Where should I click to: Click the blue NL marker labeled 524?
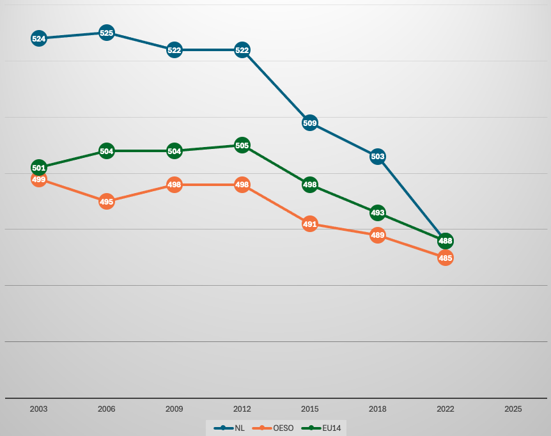coord(38,38)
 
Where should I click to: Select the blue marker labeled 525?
coord(107,33)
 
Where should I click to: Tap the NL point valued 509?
coord(309,123)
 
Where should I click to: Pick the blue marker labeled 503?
coord(377,157)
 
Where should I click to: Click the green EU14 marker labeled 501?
coord(38,167)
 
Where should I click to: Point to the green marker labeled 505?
coord(242,145)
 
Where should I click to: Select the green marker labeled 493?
coord(377,212)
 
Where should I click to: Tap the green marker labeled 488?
coord(446,240)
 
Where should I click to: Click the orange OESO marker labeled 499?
coord(38,180)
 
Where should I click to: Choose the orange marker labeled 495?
coord(107,201)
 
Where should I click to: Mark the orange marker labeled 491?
coord(309,224)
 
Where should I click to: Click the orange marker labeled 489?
coord(377,235)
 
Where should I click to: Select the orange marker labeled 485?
coord(446,258)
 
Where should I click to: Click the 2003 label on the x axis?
coord(38,409)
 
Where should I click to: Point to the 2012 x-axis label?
coord(242,409)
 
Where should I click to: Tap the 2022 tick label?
coord(446,409)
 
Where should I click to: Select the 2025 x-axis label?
coord(513,409)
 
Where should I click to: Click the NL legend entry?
coord(229,428)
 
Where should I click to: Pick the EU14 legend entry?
coord(321,428)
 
